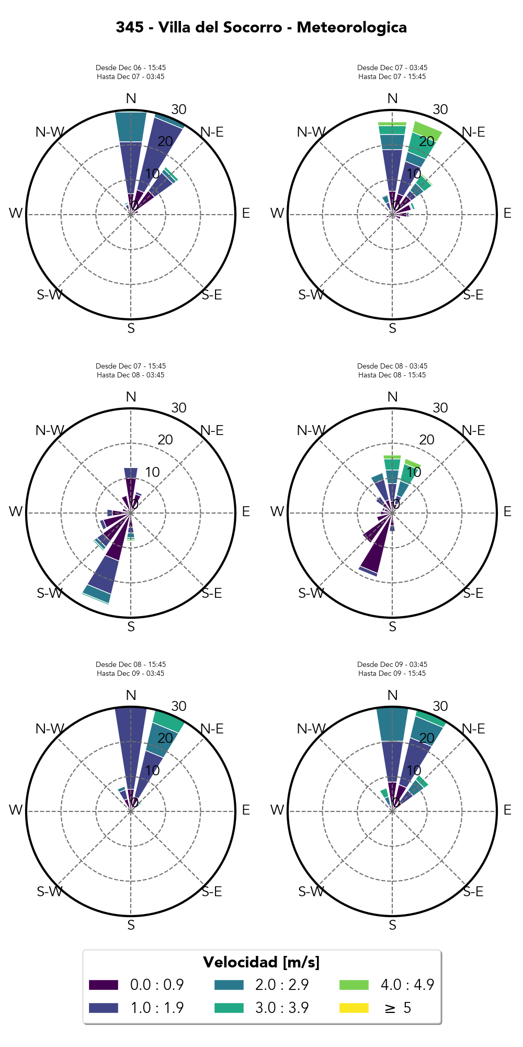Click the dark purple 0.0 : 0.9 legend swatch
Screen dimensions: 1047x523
[x=103, y=985]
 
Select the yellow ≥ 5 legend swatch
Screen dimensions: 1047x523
[x=354, y=1008]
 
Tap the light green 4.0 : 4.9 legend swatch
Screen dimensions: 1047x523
[x=354, y=985]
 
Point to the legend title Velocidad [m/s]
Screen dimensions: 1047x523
[x=261, y=962]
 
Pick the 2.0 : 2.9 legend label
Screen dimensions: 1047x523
[x=282, y=985]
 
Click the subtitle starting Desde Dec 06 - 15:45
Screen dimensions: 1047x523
[x=131, y=68]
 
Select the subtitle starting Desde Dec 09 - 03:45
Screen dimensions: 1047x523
[x=392, y=665]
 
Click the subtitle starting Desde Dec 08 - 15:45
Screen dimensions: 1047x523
[x=131, y=665]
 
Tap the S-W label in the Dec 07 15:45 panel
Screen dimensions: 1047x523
[x=49, y=593]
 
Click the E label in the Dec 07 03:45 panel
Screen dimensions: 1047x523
[x=507, y=214]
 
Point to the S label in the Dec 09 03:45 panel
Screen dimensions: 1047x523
[x=392, y=926]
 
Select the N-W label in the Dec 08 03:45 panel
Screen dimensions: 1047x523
[x=311, y=430]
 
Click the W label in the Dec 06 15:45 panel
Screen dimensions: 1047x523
[x=16, y=214]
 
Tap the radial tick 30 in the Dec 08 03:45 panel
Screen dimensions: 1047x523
[x=440, y=408]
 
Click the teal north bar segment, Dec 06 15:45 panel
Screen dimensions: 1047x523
[x=131, y=127]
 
